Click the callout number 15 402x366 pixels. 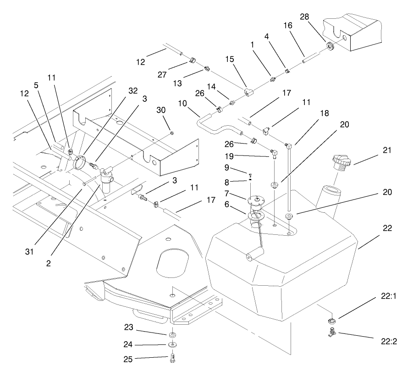(x=230, y=60)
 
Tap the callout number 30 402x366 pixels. (x=161, y=111)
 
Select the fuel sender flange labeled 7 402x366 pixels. (x=255, y=201)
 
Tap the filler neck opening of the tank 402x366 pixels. (x=330, y=189)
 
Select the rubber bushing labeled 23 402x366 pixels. (x=173, y=335)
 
